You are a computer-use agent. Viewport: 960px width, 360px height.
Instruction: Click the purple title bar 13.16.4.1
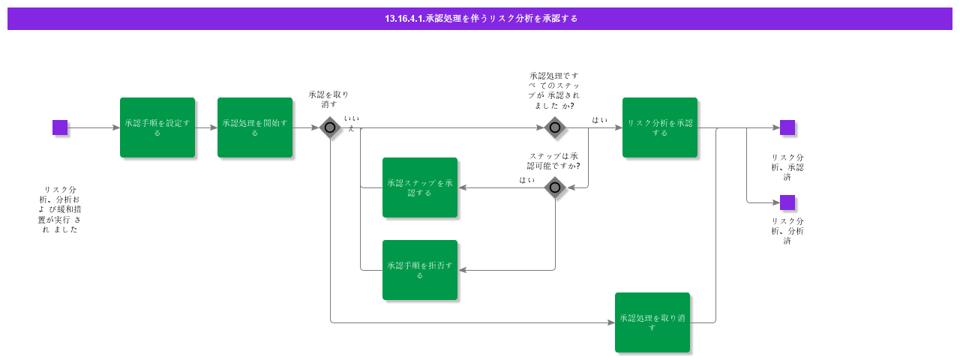[x=480, y=19]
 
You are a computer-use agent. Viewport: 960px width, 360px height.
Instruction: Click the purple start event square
[x=60, y=127]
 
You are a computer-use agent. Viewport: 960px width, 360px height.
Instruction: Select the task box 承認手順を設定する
[x=157, y=127]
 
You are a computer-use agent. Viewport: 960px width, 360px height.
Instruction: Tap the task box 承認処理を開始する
[x=255, y=127]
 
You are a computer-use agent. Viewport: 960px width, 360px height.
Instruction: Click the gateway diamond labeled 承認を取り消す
[x=330, y=127]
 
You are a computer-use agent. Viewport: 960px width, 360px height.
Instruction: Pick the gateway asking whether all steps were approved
[x=555, y=127]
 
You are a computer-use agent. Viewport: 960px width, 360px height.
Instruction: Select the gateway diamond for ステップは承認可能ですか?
[x=555, y=187]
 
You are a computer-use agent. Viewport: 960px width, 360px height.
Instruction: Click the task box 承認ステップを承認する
[x=420, y=187]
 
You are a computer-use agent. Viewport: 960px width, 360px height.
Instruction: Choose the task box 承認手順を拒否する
[x=420, y=270]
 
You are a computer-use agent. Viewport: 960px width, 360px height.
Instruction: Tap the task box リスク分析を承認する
[x=660, y=127]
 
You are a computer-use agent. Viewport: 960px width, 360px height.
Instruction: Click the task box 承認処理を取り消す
[x=652, y=322]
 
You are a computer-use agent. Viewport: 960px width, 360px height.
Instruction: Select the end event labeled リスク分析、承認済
[x=787, y=127]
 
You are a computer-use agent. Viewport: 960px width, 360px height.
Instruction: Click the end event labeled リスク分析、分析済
[x=787, y=202]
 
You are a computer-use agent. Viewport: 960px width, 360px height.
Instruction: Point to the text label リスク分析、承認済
[x=787, y=167]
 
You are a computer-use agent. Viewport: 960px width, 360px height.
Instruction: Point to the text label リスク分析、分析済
[x=787, y=231]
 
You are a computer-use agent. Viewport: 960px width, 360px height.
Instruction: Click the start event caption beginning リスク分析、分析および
[x=60, y=210]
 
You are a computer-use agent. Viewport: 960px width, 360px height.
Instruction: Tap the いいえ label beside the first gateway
[x=351, y=124]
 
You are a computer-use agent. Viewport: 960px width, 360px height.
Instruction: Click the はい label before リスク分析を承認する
[x=600, y=120]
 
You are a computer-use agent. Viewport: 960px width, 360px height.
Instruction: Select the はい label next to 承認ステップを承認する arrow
[x=527, y=180]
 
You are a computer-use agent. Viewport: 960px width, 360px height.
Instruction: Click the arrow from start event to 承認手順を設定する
[x=94, y=127]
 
